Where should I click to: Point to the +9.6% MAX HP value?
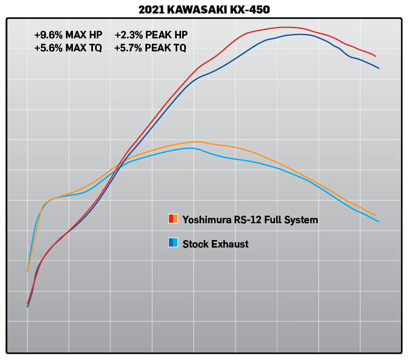tap(68, 35)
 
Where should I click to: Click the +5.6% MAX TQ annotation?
tap(68, 48)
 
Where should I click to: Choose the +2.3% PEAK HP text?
tap(151, 35)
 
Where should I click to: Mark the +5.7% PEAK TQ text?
tap(150, 48)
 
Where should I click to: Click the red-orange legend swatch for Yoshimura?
tap(173, 219)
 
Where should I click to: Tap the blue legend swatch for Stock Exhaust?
tap(173, 243)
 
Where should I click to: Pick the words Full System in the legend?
tap(291, 219)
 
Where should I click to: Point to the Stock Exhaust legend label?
tap(216, 244)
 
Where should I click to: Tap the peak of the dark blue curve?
tap(300, 34)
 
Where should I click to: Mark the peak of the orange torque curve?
tap(198, 142)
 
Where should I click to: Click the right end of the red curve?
tap(376, 56)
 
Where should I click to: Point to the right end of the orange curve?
tap(376, 216)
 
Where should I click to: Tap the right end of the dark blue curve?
tap(379, 69)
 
